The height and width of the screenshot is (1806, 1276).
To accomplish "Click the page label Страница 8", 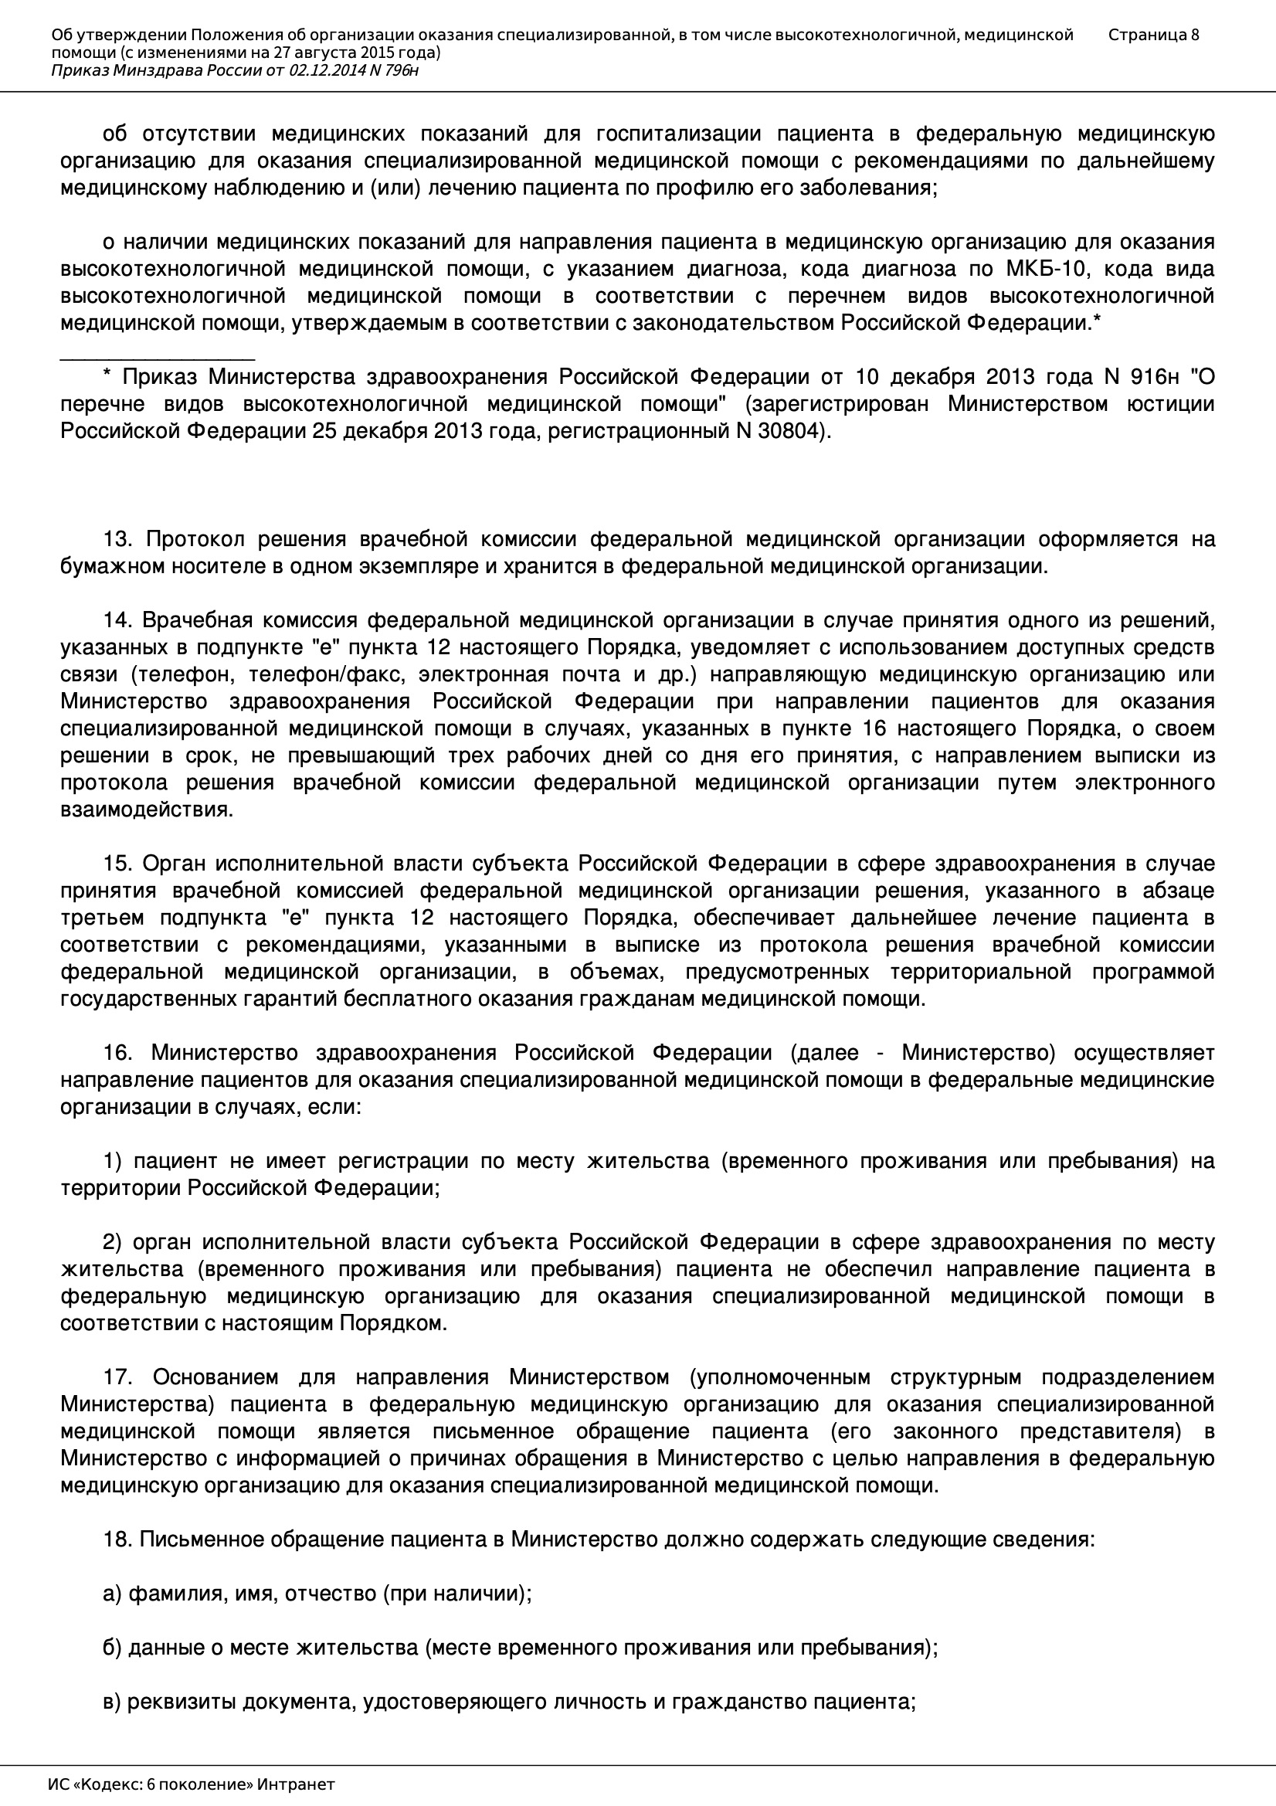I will point(1153,35).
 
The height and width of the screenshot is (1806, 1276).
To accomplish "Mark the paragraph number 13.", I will point(120,540).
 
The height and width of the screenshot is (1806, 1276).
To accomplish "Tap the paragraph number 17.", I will point(120,1377).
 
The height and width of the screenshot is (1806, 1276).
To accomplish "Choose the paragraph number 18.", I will point(118,1540).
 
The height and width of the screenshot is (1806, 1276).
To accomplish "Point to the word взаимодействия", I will point(146,810).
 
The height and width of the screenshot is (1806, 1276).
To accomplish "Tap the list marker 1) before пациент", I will point(113,1161).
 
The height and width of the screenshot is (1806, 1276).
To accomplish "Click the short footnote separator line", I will point(158,358).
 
